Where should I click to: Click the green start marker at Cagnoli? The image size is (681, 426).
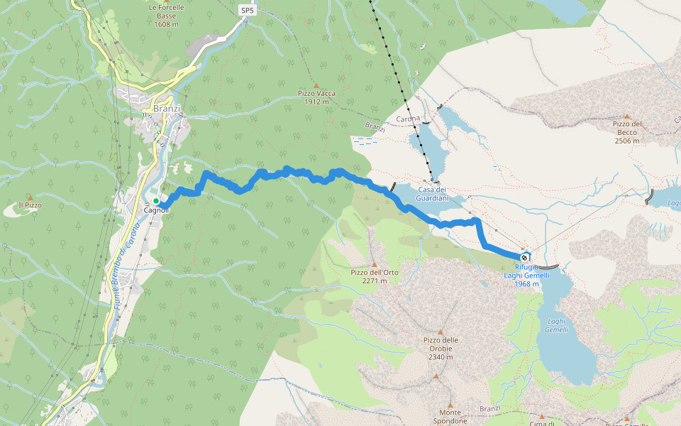tap(156, 202)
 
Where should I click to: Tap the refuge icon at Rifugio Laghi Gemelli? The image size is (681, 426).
tap(524, 258)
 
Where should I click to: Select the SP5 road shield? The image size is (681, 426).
tap(247, 10)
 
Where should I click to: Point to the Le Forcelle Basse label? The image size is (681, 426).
tap(167, 11)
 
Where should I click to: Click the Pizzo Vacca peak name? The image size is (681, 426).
tap(316, 93)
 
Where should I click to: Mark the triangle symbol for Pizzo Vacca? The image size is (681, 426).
tap(316, 85)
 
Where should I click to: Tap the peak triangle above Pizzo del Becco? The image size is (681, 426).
tap(626, 116)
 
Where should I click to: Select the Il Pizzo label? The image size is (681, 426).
tap(30, 204)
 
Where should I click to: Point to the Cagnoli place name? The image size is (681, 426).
tap(156, 210)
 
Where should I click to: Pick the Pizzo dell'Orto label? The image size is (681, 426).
tap(374, 272)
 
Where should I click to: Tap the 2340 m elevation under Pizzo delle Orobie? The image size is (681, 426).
tap(441, 356)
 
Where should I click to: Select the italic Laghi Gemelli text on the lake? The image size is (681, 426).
tap(557, 326)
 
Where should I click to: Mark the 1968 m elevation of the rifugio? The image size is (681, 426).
tap(527, 284)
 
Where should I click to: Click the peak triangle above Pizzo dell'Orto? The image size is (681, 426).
tap(374, 264)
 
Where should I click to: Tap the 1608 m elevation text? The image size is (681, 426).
tap(167, 23)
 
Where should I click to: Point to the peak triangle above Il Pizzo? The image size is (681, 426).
tap(30, 197)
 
